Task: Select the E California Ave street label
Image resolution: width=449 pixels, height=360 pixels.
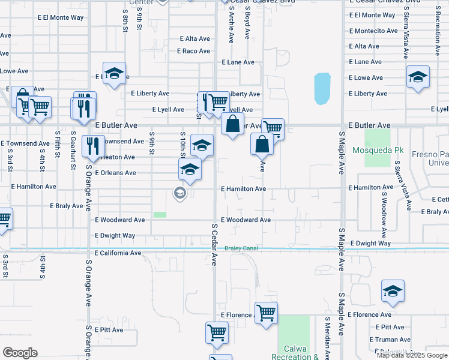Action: pos(118,253)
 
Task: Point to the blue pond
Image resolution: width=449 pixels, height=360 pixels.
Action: pos(322,89)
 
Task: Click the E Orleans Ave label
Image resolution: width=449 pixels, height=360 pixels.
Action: pos(115,173)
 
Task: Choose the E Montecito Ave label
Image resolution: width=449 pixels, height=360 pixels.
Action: pos(373,31)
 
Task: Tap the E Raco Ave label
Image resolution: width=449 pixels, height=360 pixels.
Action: pos(193,51)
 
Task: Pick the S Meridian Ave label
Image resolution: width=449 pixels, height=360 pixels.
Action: pos(327,338)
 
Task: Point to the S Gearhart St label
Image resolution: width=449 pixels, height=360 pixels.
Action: pos(73,150)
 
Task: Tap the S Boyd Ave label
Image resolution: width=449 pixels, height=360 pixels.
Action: pos(247,23)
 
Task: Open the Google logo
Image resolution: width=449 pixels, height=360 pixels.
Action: pos(20,353)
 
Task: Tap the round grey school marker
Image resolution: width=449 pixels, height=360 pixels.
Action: pos(179,193)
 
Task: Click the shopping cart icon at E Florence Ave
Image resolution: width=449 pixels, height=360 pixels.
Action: pos(265,312)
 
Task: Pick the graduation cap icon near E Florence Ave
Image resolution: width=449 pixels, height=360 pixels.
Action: pos(393,292)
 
